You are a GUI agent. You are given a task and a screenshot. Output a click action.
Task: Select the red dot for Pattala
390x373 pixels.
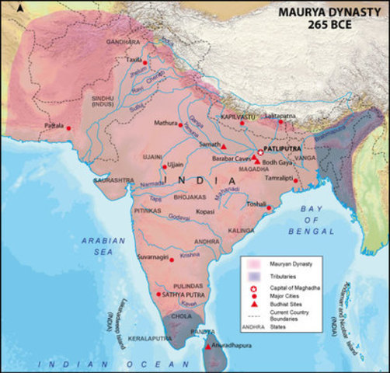pyautogui.click(x=68, y=127)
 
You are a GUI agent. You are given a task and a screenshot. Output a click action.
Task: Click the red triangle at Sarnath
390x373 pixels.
pyautogui.click(x=224, y=146)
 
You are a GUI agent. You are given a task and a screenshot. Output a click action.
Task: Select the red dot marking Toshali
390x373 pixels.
pyautogui.click(x=269, y=207)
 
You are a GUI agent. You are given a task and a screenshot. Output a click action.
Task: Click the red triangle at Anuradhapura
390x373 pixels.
pyautogui.click(x=207, y=345)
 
